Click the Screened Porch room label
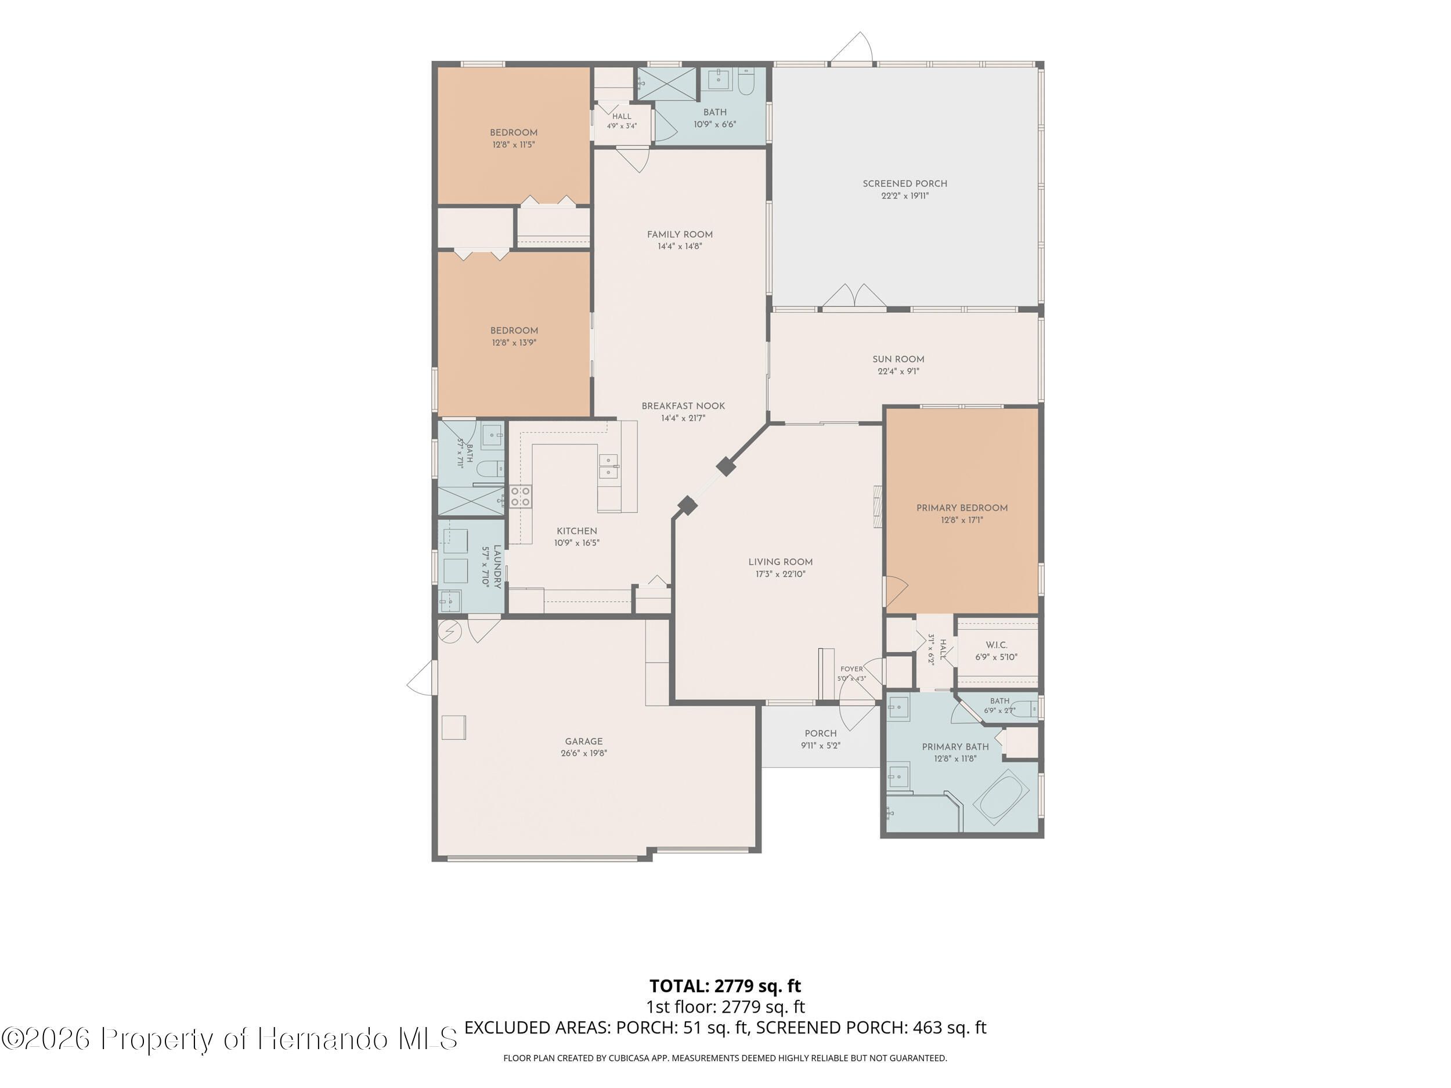point(905,183)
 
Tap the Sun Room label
point(898,359)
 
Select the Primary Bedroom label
point(962,508)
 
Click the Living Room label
point(780,562)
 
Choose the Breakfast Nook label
point(683,406)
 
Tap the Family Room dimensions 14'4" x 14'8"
point(680,247)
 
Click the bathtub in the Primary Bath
point(1001,797)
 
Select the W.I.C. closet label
point(996,645)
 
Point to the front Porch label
point(821,733)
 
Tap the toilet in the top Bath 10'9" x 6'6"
point(746,82)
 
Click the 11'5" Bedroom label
point(514,132)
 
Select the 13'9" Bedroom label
point(514,331)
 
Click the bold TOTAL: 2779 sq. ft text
point(725,986)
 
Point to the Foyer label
point(851,669)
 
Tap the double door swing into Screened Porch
point(854,296)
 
